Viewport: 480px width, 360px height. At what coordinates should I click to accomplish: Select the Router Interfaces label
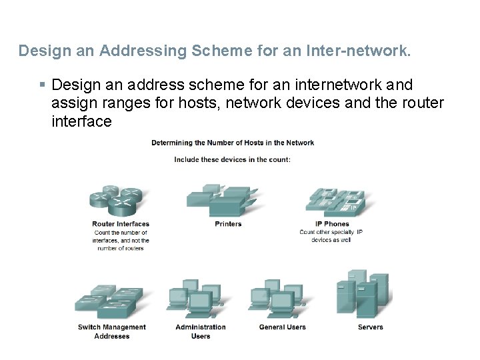pos(121,224)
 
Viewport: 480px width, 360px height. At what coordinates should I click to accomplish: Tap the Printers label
pos(228,224)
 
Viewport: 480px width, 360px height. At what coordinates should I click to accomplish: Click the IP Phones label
pos(332,224)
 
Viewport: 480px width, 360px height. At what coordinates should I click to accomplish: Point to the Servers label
pos(370,327)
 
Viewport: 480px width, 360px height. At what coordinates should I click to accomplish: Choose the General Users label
pos(282,327)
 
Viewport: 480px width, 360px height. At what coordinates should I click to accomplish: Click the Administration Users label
pos(201,331)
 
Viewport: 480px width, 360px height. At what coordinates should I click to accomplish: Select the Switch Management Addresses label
pos(112,331)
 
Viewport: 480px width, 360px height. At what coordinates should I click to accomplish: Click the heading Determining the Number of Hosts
pos(233,143)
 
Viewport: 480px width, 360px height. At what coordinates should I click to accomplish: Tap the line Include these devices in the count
pos(232,159)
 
